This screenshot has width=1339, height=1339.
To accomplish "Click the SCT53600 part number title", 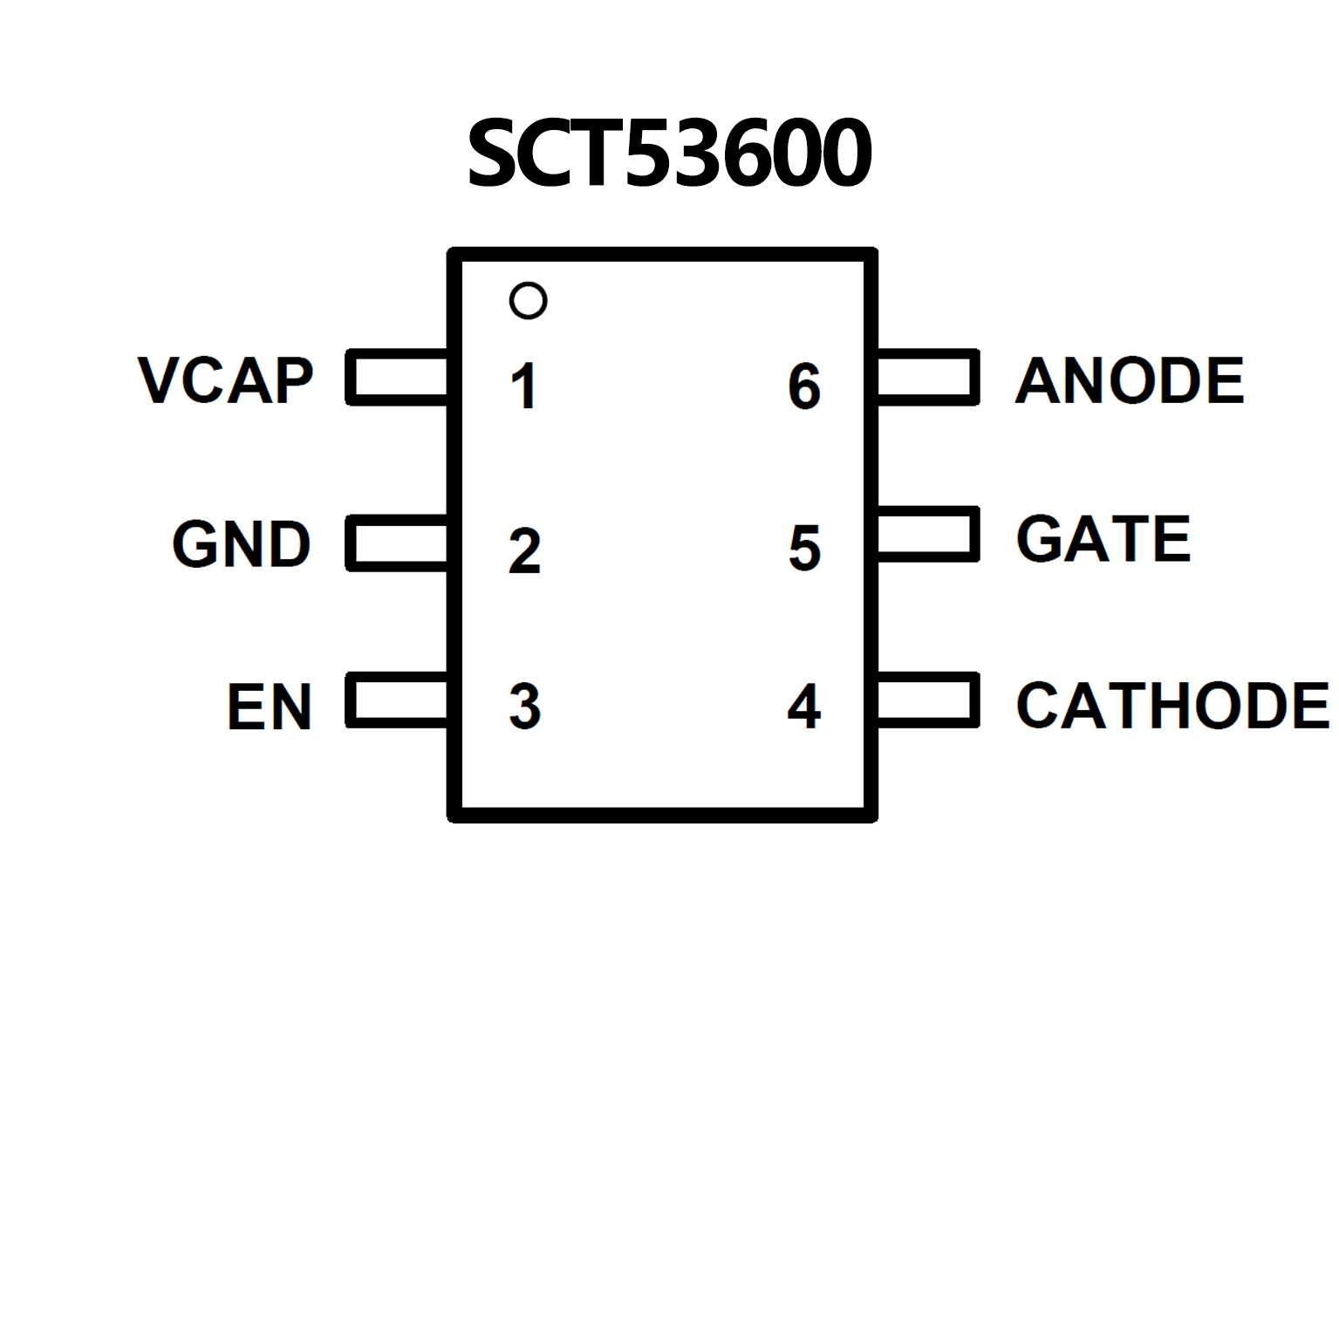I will point(669,154).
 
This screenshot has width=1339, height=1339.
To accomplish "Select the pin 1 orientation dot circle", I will point(528,301).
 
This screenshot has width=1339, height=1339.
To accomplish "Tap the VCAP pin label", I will point(225,381).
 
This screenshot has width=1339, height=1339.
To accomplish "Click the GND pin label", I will point(242,544).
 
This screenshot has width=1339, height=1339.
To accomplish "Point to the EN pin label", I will point(269,707).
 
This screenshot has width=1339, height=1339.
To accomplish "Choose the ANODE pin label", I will point(1130,381).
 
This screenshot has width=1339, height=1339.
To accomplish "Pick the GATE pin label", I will point(1103,539).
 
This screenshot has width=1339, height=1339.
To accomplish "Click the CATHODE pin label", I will point(1172,706).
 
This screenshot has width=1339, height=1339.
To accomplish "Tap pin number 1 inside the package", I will point(523,386).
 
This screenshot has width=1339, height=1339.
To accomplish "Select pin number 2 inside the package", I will point(524,551).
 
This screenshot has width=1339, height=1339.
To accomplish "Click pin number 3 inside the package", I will point(524,707).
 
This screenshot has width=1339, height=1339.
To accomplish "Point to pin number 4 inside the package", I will point(803,707).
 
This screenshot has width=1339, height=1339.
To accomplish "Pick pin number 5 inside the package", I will point(804,549).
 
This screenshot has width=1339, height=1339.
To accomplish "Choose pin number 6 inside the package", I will point(803,386).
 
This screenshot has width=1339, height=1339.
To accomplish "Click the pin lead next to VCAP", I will point(398,377).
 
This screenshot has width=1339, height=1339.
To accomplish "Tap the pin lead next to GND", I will point(398,543).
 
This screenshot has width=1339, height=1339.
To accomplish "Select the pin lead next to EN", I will point(398,700).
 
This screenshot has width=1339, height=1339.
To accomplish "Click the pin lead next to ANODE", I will point(927,377).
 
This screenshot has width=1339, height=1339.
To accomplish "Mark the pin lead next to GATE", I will point(927,534).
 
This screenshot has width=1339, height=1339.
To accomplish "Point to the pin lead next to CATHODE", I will point(927,700).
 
